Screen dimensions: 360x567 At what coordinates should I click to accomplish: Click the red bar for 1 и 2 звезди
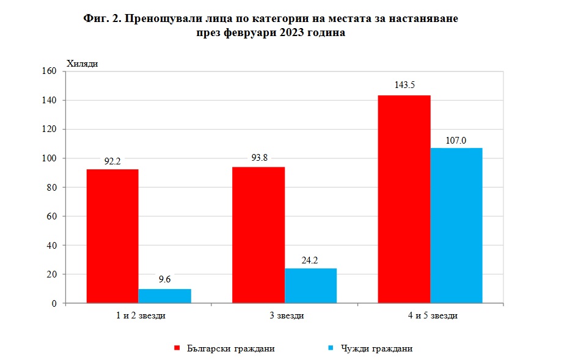click(x=112, y=236)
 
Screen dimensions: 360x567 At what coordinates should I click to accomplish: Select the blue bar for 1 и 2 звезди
click(x=164, y=296)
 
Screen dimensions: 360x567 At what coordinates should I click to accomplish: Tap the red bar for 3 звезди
click(x=258, y=235)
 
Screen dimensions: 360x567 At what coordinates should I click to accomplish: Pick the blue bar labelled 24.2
click(x=310, y=285)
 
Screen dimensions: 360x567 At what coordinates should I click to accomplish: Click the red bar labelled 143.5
click(x=404, y=199)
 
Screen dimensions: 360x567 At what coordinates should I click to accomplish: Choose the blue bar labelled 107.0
click(x=456, y=225)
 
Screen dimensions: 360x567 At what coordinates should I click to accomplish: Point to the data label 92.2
click(x=112, y=162)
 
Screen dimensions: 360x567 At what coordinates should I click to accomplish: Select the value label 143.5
click(x=404, y=85)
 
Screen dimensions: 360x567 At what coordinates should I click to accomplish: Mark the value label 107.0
click(x=456, y=141)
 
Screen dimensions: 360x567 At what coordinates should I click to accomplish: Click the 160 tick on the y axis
click(x=50, y=72)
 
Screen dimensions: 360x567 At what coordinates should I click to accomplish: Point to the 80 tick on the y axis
click(x=52, y=187)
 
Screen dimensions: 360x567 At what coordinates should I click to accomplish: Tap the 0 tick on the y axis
click(x=54, y=303)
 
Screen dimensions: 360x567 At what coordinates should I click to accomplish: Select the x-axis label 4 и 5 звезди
click(x=431, y=316)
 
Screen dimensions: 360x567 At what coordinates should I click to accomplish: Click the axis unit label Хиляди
click(x=82, y=64)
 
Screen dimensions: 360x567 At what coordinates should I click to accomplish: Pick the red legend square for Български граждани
click(x=177, y=348)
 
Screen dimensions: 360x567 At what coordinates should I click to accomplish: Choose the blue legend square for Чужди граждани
click(x=330, y=348)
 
